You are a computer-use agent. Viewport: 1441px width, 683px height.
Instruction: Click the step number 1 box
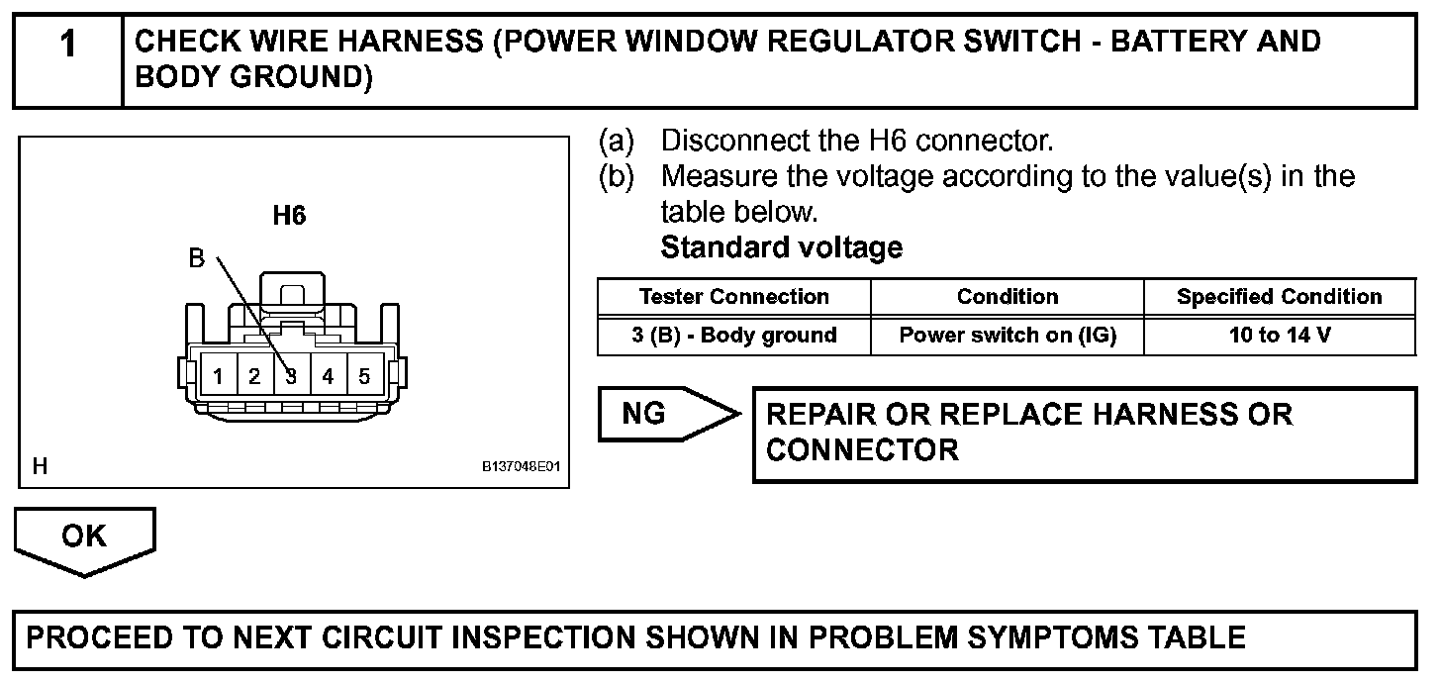tap(67, 59)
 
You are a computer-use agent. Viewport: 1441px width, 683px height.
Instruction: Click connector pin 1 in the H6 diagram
tap(218, 376)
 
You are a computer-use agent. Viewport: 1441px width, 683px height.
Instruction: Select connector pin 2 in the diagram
tap(254, 376)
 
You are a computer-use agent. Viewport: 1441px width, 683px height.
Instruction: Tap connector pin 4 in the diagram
tap(328, 376)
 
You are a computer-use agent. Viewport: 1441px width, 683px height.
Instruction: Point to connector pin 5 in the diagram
tap(364, 376)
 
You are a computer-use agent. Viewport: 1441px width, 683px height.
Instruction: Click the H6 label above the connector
tap(289, 216)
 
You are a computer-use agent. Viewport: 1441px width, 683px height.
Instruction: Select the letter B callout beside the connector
tap(196, 259)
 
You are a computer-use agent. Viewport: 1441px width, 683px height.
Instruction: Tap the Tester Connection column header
tap(733, 297)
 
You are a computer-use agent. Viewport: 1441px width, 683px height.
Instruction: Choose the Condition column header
tap(1007, 297)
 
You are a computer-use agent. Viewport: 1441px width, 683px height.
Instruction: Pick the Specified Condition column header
tap(1279, 297)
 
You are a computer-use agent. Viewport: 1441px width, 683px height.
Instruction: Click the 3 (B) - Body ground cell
tap(733, 336)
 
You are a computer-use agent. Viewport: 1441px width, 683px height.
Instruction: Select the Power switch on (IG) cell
tap(1007, 336)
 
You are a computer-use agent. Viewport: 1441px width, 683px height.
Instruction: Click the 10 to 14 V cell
tap(1279, 336)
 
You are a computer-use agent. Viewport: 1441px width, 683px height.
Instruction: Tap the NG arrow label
tap(644, 414)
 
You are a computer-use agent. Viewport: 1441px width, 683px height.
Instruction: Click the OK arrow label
tap(83, 536)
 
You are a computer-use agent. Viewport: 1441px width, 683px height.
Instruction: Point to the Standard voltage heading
tap(781, 247)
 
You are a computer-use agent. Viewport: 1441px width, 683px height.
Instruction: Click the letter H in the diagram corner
tap(40, 466)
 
